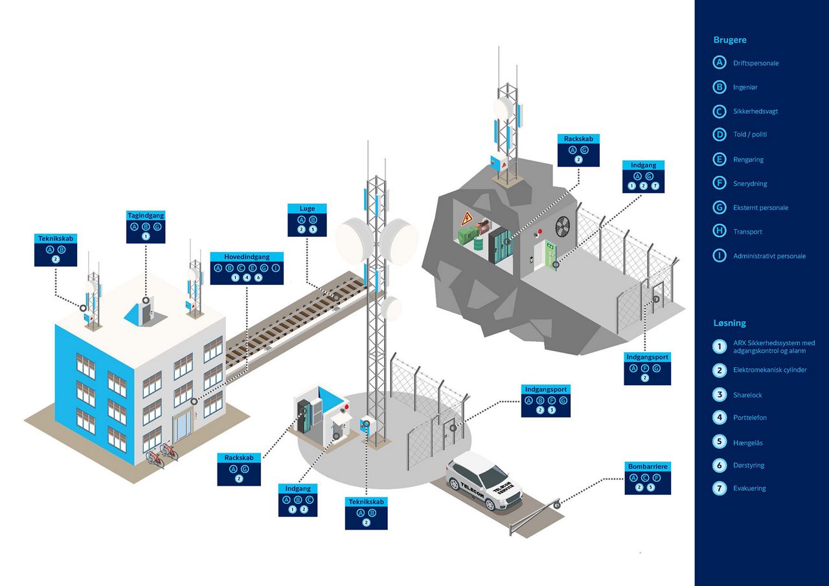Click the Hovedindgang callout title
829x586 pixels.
(247, 257)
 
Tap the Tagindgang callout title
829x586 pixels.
(146, 216)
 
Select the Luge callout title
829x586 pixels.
(307, 208)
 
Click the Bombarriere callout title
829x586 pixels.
(648, 466)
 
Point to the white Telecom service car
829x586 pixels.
(484, 480)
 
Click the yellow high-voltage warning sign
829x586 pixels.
(468, 218)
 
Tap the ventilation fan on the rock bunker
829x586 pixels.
(562, 227)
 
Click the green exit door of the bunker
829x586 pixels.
(551, 255)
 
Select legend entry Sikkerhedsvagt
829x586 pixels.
(755, 111)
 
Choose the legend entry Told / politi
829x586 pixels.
(750, 134)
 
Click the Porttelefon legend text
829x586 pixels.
(750, 418)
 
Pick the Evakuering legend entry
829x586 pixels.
(749, 488)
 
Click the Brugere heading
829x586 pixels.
(730, 40)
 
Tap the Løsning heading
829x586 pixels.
(729, 323)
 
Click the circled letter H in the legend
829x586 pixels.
(720, 231)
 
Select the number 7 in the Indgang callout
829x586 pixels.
(655, 186)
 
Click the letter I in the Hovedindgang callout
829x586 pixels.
(275, 268)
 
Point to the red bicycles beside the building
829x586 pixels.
(162, 455)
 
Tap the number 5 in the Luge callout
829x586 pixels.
(313, 229)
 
